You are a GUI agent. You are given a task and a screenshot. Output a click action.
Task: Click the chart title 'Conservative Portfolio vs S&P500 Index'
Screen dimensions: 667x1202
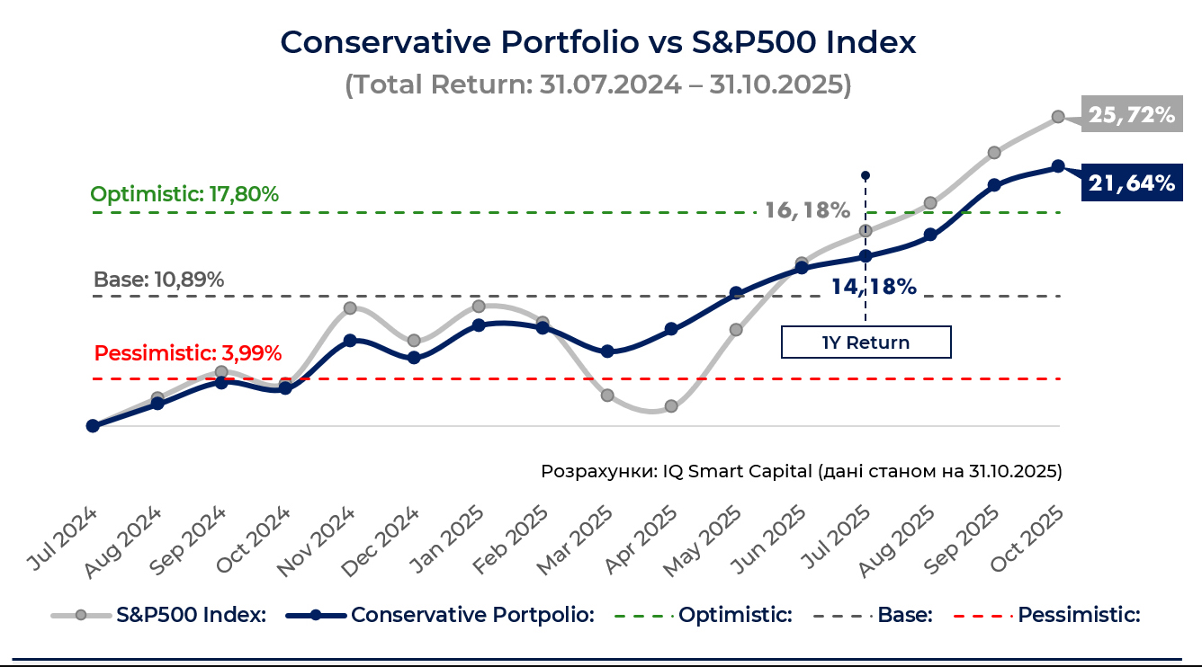598,42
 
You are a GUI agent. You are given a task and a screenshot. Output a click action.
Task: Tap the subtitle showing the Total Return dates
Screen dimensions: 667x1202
598,84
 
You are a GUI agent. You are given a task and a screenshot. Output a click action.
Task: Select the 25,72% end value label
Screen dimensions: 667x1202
1132,115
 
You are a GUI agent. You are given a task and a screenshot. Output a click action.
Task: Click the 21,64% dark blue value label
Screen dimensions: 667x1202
1132,183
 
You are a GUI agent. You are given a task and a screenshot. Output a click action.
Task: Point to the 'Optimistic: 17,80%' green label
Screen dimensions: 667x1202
184,194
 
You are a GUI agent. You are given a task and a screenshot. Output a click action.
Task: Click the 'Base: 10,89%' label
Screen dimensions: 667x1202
158,280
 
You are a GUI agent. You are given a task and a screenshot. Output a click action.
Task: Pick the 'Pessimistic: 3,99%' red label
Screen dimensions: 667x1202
188,352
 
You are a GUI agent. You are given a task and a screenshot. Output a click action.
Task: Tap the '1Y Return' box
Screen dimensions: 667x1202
866,342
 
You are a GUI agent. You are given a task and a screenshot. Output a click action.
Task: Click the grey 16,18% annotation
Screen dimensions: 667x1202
807,210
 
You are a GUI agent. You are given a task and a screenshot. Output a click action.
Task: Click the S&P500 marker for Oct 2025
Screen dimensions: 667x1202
1059,117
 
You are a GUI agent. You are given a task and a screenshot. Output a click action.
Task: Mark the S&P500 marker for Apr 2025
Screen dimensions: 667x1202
671,406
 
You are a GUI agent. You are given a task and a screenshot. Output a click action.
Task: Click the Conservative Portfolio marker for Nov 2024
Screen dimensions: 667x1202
350,341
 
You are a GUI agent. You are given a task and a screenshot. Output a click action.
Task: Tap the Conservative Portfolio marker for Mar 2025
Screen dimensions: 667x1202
607,351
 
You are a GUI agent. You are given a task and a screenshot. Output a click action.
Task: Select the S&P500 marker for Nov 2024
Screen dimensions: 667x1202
350,308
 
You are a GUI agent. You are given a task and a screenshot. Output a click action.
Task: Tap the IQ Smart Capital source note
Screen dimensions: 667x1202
801,471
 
